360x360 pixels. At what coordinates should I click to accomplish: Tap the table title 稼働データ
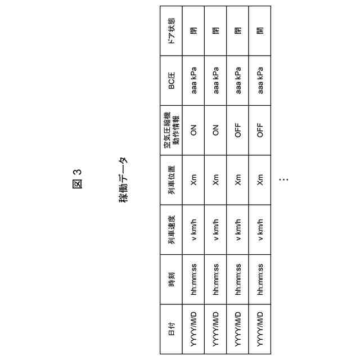pos(123,179)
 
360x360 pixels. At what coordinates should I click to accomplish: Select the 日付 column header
pos(171,328)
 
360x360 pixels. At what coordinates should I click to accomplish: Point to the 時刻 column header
pos(171,279)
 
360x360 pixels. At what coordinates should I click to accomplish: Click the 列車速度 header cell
pos(171,229)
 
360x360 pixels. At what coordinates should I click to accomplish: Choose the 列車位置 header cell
pos(171,179)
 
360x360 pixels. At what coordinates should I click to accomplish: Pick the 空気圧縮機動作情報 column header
pos(171,130)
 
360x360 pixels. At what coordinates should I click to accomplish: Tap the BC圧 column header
pos(171,80)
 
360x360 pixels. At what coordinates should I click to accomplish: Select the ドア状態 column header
pos(171,30)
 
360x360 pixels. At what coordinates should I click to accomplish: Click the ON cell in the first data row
pos(193,130)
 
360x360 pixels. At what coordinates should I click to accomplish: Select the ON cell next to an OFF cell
pos(215,130)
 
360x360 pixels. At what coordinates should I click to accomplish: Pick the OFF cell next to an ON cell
pos(237,130)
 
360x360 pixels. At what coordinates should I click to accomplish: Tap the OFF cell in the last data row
pos(259,130)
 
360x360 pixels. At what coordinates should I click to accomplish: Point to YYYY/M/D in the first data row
pos(193,328)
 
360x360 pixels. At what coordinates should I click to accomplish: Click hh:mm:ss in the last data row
pos(259,279)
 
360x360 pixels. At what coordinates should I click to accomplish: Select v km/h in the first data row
pos(193,229)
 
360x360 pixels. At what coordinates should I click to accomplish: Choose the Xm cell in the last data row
pos(259,179)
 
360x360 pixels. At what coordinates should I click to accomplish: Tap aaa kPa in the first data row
pos(193,80)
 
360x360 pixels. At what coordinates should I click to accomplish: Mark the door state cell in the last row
pos(259,30)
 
